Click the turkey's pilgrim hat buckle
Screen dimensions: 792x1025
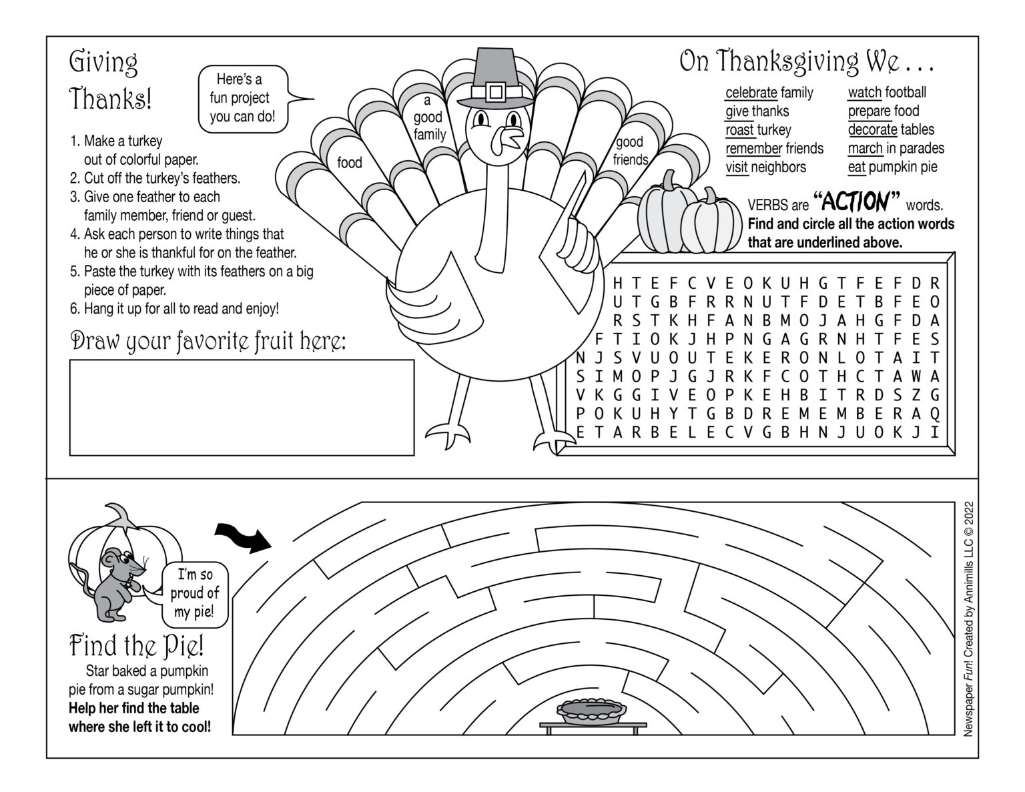(494, 91)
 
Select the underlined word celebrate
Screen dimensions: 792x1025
(751, 93)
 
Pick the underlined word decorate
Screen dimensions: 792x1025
(872, 129)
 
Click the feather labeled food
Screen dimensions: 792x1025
(349, 163)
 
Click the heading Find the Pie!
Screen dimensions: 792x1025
(137, 645)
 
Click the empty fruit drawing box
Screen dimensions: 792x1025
(242, 408)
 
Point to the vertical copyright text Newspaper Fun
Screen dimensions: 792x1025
(969, 618)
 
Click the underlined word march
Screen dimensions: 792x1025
(865, 148)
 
